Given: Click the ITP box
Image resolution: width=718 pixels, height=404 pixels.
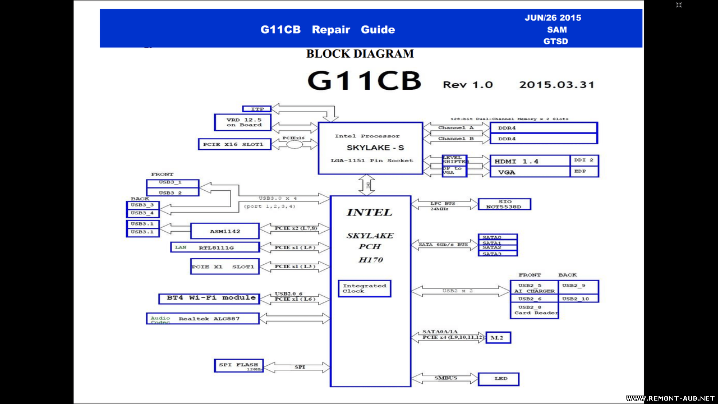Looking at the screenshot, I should click(x=257, y=109).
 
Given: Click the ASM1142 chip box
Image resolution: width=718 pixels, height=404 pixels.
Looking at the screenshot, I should click(x=225, y=231).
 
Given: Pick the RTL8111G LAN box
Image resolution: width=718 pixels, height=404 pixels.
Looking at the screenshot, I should click(x=215, y=247).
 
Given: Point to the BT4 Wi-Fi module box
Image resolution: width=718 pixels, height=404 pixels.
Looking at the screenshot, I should click(x=209, y=298).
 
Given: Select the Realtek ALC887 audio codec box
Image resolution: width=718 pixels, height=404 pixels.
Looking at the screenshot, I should click(x=202, y=319).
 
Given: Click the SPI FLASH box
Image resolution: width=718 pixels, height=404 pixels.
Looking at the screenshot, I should click(x=238, y=366).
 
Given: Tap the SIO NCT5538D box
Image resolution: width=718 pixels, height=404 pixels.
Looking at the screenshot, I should click(x=504, y=204).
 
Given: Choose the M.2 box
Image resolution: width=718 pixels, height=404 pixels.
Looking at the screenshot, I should click(x=498, y=338).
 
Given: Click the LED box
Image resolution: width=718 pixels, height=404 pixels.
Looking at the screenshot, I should click(x=498, y=379).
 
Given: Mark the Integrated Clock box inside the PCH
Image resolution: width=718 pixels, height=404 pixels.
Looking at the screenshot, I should click(x=364, y=288).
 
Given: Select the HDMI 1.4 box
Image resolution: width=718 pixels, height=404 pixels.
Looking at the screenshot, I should click(x=530, y=161).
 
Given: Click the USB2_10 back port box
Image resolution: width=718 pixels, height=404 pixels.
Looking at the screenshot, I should click(x=578, y=299).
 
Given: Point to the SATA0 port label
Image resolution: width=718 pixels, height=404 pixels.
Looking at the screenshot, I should click(x=497, y=237).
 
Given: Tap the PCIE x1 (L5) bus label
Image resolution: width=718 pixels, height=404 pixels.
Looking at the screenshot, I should click(x=294, y=247).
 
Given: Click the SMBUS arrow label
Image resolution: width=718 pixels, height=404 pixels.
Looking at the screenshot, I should click(x=445, y=378).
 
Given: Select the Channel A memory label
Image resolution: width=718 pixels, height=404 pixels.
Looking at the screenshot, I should click(x=455, y=128).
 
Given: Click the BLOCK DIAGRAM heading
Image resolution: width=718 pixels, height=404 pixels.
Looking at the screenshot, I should click(x=360, y=54).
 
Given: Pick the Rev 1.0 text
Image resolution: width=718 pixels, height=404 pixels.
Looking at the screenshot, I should click(x=468, y=85).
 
